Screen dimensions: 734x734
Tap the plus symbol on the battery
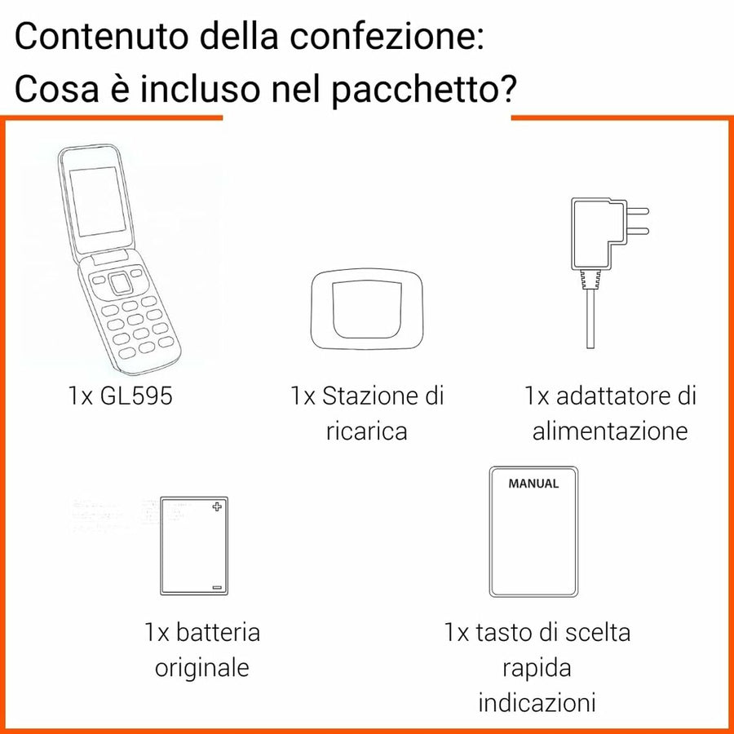pyautogui.click(x=216, y=507)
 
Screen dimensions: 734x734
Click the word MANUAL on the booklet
pyautogui.click(x=533, y=484)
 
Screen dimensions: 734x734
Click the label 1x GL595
pyautogui.click(x=121, y=397)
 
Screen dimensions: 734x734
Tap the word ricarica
pyautogui.click(x=366, y=431)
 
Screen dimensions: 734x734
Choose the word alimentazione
pyautogui.click(x=610, y=431)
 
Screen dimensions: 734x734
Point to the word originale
pyautogui.click(x=202, y=668)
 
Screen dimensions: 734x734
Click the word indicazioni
pyautogui.click(x=537, y=702)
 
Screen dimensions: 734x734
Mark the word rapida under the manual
pyautogui.click(x=537, y=668)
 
